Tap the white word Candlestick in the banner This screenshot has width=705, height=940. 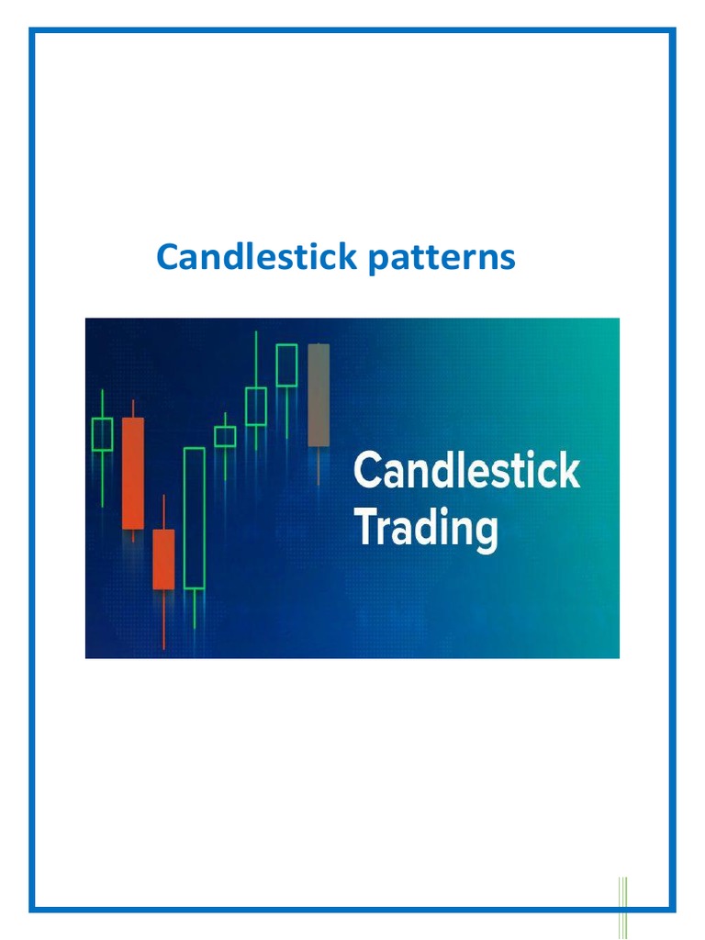point(466,471)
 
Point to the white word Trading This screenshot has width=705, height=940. point(426,530)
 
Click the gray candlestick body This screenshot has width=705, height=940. point(319,395)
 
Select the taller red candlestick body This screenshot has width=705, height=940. point(133,473)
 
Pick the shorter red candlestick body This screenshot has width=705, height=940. point(163,559)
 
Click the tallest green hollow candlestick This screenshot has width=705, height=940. point(194,518)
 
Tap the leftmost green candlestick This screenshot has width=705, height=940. point(102,434)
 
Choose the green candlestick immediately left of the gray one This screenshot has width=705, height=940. point(286,365)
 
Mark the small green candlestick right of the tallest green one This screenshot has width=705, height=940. point(225,436)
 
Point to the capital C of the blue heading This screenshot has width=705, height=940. point(166,258)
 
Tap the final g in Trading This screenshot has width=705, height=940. point(486,534)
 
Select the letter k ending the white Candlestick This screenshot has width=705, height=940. point(570,471)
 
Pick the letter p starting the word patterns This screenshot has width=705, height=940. point(376,262)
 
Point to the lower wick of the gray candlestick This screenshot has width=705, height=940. point(319,465)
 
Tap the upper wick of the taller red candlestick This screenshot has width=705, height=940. point(133,408)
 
